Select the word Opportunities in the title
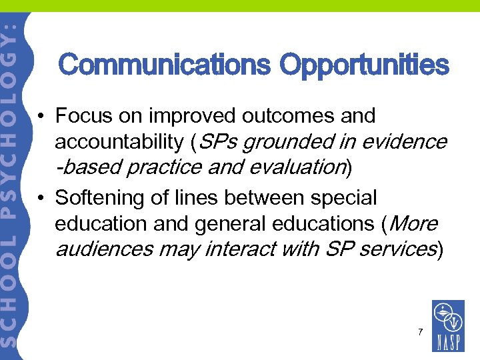tap(365, 65)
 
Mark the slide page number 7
tap(420, 331)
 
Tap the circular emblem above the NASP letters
tap(447, 317)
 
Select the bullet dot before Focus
tap(41, 117)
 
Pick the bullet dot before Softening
tap(41, 199)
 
